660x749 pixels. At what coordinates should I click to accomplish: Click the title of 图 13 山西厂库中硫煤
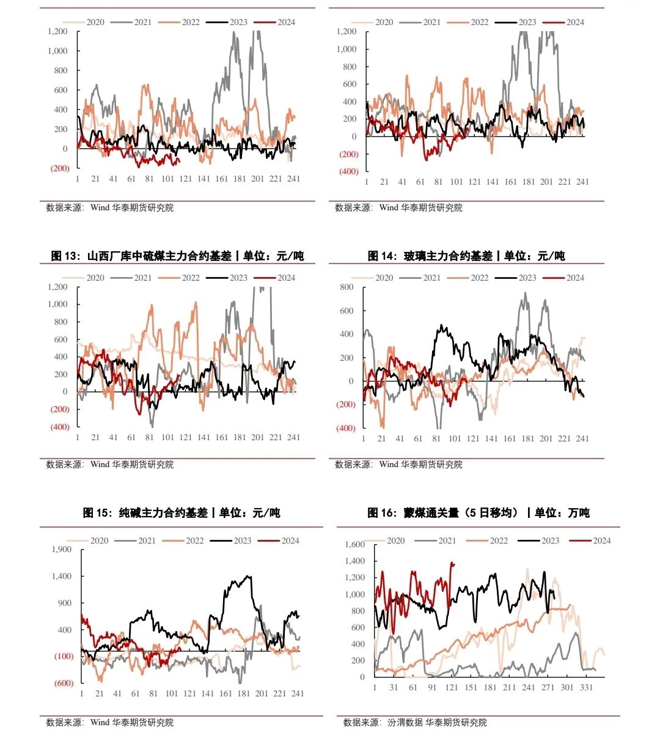[x=177, y=256]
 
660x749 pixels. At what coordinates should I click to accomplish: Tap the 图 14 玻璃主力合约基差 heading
[x=466, y=256]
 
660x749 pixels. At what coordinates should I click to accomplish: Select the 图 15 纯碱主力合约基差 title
[x=182, y=512]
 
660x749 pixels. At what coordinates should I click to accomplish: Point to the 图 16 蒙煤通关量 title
[x=478, y=512]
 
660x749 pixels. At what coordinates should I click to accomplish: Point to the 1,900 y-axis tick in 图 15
[x=61, y=549]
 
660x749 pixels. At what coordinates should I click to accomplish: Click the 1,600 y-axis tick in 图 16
[x=354, y=544]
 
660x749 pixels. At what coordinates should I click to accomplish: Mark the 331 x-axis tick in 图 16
[x=587, y=687]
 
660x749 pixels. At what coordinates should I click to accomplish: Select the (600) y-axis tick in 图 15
[x=64, y=683]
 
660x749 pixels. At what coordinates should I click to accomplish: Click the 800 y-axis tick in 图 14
[x=346, y=287]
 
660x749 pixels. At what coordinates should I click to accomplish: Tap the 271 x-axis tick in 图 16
[x=548, y=687]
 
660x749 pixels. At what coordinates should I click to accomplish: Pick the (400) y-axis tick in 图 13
[x=60, y=427]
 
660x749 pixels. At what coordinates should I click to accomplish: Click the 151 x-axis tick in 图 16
[x=471, y=687]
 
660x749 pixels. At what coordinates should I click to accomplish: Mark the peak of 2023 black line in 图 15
[x=248, y=576]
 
